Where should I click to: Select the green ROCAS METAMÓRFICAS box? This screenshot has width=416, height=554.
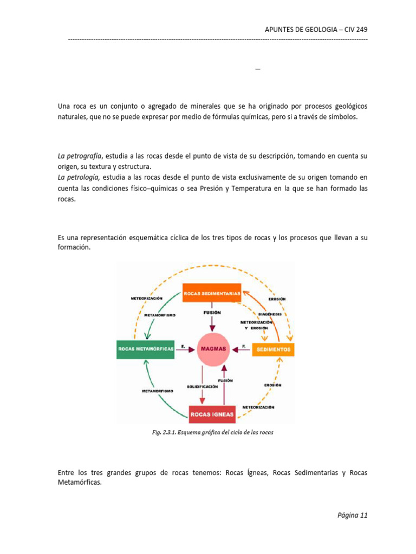point(146,349)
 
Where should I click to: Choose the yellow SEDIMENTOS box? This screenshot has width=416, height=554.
point(274,349)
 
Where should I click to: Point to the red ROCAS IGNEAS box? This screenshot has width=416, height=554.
point(212,415)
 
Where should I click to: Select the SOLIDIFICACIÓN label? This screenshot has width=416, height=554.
point(203,386)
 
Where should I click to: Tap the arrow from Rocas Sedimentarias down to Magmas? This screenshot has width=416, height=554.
point(212,322)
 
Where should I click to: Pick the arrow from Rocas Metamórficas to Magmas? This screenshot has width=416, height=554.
point(186,349)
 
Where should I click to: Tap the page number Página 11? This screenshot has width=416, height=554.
point(352,515)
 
